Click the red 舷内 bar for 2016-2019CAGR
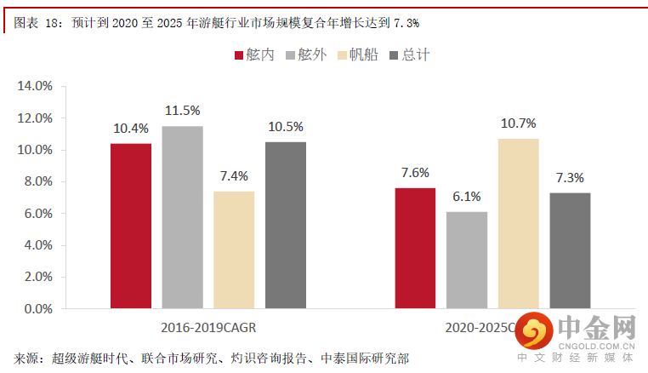pos(131,226)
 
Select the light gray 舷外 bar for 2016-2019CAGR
pos(183,217)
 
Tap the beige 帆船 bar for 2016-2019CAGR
pos(234,250)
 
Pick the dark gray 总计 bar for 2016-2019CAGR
pos(286,225)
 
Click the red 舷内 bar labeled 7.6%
pos(415,248)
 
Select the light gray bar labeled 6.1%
pos(467,260)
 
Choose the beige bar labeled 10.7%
pos(519,223)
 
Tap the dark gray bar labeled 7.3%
pos(570,250)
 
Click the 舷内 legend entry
pos(254,55)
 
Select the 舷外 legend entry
pos(307,55)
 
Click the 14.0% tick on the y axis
pos(36,86)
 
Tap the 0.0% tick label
pos(38,309)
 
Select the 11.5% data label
pos(183,110)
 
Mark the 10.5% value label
pos(286,126)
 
